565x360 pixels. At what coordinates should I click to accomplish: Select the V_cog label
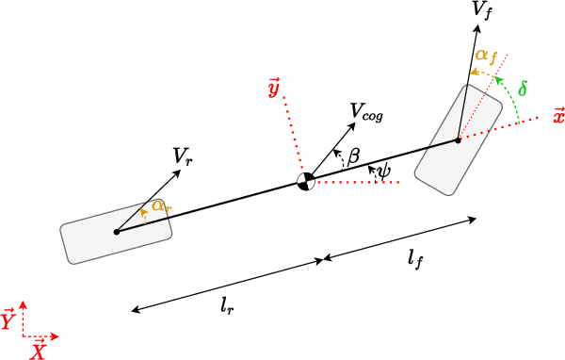point(366,111)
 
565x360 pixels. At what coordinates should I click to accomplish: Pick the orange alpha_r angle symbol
point(160,205)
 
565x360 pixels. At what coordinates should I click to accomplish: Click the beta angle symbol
point(354,155)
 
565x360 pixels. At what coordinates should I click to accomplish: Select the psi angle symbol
point(383,171)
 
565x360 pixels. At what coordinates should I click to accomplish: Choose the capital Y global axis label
point(8,321)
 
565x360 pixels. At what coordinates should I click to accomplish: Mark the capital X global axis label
point(39,352)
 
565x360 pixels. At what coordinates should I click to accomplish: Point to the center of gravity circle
point(305,182)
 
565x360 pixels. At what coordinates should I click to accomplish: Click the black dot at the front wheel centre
point(458,139)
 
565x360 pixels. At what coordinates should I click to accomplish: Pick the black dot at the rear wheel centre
point(116,231)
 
